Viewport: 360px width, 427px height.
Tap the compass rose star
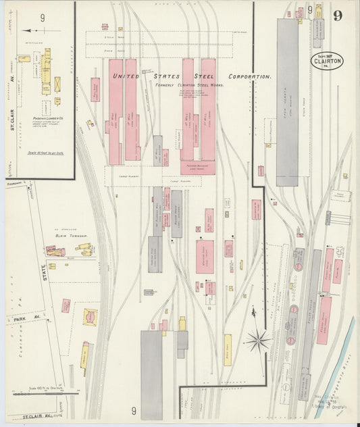257,340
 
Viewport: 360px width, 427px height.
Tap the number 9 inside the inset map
43,18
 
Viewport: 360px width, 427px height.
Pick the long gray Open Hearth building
287,101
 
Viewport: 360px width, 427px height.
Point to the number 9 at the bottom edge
134,410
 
